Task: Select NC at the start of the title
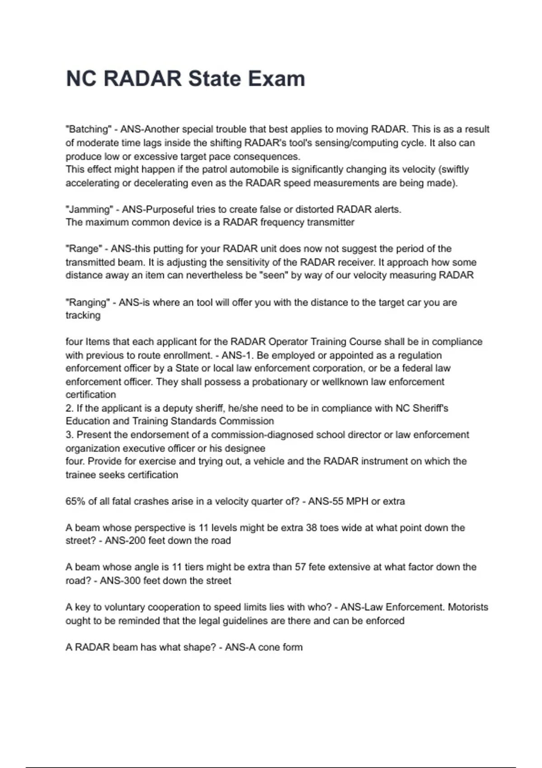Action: coord(81,79)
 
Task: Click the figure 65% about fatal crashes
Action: coord(75,501)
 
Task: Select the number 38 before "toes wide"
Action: coord(311,527)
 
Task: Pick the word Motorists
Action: coord(468,607)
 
